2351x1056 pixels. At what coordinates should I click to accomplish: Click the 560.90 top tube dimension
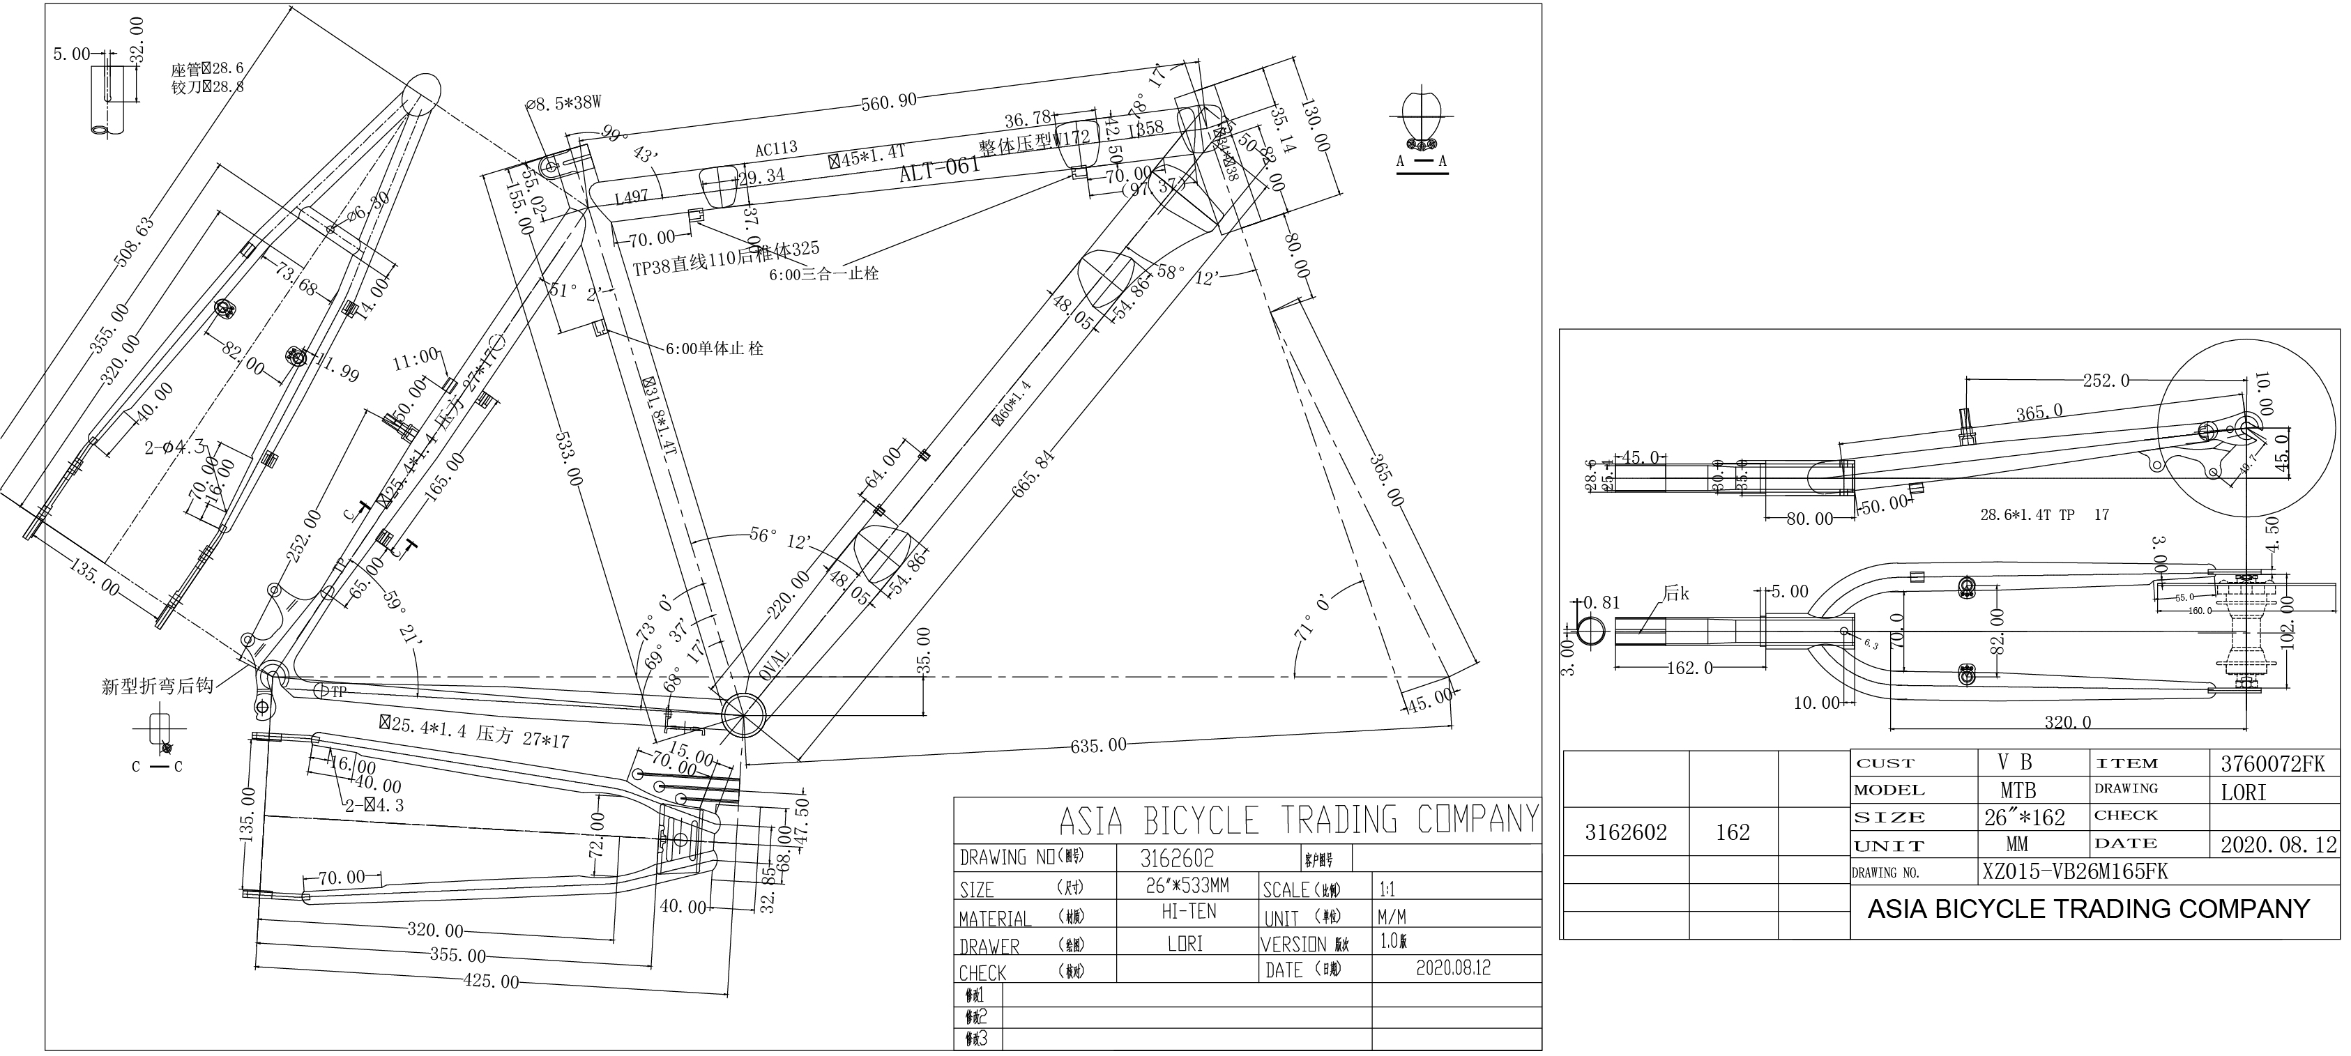coord(890,101)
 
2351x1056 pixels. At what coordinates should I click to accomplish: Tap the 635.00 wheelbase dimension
coord(1098,746)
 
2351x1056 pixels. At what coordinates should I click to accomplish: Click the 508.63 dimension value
coord(134,242)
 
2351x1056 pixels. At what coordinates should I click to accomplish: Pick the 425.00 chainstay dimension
coord(491,982)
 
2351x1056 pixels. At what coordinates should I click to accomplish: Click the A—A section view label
coord(1421,162)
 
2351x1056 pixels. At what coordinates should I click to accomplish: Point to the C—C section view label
coord(157,767)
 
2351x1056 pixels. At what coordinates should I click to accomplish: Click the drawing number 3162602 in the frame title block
coord(1178,859)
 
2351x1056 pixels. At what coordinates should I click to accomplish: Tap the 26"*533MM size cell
coord(1187,885)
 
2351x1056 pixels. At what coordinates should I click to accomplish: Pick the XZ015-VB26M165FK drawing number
coord(2074,871)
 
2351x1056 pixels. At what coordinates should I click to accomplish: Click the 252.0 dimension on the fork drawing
coord(2106,381)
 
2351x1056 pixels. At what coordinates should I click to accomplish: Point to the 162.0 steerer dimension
coord(1689,668)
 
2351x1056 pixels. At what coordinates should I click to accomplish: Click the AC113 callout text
coord(776,148)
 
